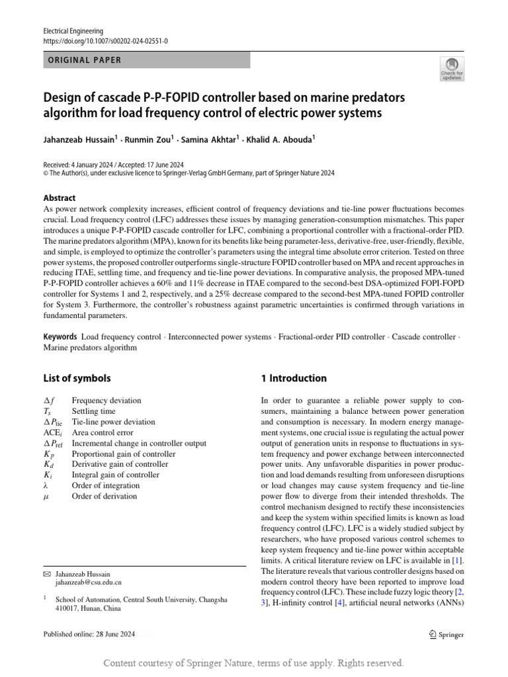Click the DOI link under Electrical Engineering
click(x=105, y=41)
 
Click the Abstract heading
click(x=60, y=198)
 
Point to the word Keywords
click(x=60, y=337)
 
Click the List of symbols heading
click(x=77, y=379)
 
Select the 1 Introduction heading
click(x=294, y=379)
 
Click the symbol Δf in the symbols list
click(x=48, y=401)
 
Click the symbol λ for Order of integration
click(x=46, y=485)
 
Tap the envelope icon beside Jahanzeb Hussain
click(x=46, y=574)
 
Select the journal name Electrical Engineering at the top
click(x=72, y=31)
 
